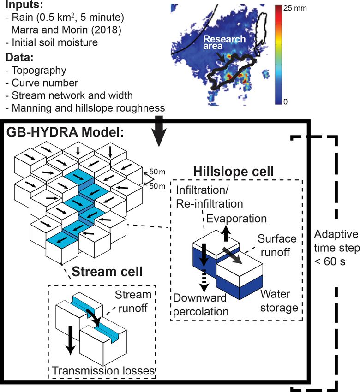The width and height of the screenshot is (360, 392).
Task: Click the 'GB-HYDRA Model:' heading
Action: (65, 132)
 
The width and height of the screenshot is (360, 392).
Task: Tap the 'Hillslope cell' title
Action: (234, 172)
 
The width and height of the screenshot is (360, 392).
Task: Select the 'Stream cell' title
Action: (107, 272)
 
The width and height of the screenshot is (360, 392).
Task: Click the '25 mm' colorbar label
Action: (295, 8)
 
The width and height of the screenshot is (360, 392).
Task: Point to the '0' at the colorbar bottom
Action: (285, 102)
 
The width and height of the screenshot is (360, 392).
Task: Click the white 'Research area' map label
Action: (224, 42)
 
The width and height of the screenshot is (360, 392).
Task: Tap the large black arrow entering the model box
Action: (159, 131)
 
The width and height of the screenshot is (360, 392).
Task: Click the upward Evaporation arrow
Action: (226, 233)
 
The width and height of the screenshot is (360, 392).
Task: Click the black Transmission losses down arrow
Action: (70, 340)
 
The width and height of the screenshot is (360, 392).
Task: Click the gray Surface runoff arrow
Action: (232, 255)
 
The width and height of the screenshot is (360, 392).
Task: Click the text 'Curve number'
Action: (45, 83)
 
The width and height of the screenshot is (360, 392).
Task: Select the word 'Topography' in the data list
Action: (39, 71)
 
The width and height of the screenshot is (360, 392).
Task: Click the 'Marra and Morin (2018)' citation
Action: (66, 30)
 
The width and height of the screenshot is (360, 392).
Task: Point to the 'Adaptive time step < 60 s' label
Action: (337, 248)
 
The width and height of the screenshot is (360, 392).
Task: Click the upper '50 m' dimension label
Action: (157, 172)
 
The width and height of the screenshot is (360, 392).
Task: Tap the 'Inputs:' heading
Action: (24, 5)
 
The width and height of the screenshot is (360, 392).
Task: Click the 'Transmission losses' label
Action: (103, 370)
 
